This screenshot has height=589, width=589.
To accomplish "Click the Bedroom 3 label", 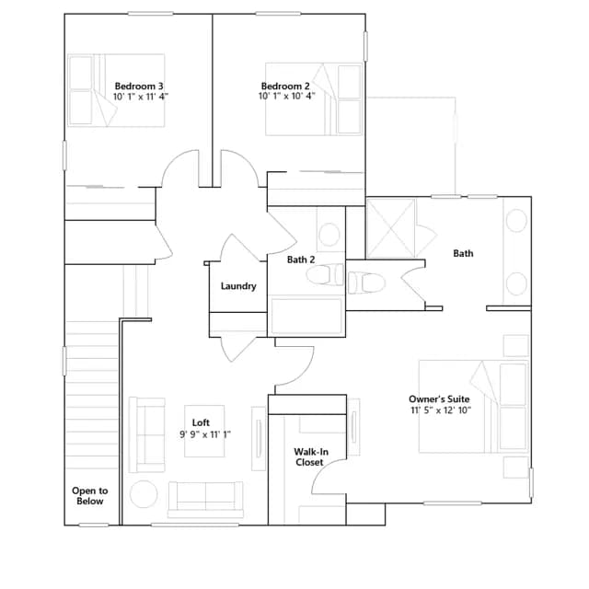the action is [139, 87].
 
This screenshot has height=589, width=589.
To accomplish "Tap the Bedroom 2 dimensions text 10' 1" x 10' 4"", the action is [286, 96].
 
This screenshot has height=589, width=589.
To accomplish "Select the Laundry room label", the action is [238, 286].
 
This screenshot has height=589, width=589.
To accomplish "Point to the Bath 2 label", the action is [301, 260].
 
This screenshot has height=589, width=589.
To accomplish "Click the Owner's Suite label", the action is [439, 398].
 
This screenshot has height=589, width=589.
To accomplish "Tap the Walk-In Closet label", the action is [309, 456].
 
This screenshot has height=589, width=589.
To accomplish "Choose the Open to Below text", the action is [90, 496].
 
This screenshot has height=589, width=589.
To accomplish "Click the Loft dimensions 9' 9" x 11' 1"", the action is [205, 434].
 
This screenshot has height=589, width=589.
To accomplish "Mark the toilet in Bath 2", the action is [325, 274].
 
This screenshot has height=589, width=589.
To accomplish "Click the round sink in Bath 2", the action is [329, 235].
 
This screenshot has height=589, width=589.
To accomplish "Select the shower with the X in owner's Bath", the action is [390, 228].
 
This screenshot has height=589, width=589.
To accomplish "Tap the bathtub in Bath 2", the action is [306, 316].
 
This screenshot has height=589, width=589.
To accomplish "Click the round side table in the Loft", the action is [144, 494].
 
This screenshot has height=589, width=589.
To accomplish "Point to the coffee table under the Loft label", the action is [204, 431].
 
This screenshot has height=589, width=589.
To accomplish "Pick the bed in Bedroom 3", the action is [116, 90].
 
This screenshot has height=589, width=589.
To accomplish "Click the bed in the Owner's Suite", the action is [474, 407].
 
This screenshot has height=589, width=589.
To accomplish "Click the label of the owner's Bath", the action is [463, 254].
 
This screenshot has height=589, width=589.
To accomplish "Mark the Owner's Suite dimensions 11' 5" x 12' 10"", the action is [441, 410].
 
